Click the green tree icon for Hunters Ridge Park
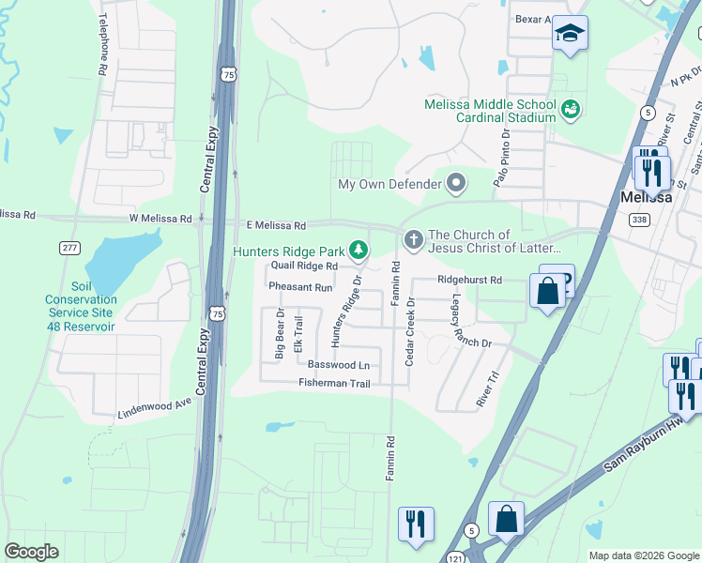358,250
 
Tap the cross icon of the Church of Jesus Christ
412,241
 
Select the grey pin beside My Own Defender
456,183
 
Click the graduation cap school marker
569,35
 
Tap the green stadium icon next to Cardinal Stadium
570,111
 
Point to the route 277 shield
68,247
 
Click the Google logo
31,551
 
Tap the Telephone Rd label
101,45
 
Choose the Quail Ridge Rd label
304,266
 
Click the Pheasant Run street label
300,287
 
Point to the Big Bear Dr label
279,334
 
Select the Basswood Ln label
338,364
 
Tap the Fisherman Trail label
334,383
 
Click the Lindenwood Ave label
155,407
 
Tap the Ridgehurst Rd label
469,280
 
